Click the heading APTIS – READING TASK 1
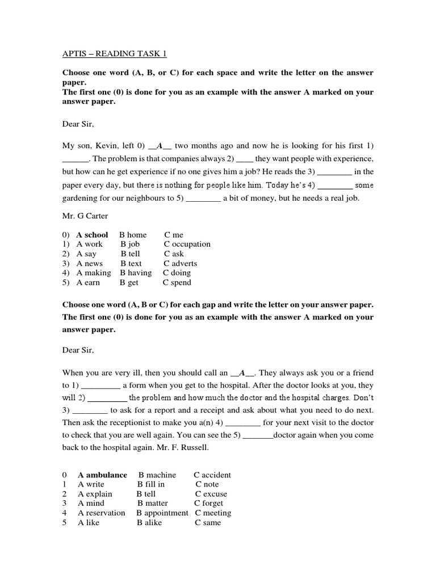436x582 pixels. pos(115,54)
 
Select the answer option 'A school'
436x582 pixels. pos(92,235)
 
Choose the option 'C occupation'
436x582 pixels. pos(187,244)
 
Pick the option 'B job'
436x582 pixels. pos(130,244)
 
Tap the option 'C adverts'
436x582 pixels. pos(181,264)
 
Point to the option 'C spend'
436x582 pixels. pos(177,282)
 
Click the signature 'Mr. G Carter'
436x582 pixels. pos(85,217)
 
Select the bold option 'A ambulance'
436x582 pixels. pos(102,475)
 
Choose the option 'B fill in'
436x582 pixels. pos(151,484)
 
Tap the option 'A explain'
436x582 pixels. pos(95,494)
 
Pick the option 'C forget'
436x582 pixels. pos(209,504)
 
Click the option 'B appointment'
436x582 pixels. pos(162,513)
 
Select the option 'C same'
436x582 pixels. pos(208,522)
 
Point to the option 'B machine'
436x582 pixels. pos(157,475)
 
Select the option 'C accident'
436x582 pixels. pos(212,475)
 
